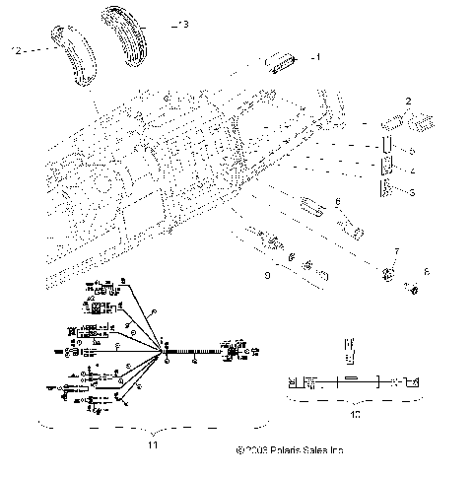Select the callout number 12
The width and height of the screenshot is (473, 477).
(15, 48)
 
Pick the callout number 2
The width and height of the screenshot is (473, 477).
(407, 102)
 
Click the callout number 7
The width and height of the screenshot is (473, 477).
(397, 251)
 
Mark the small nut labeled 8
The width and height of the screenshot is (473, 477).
(414, 289)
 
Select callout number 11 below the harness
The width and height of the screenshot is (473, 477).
(153, 446)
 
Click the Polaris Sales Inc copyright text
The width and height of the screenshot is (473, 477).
(296, 450)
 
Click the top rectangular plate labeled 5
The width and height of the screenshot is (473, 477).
(386, 147)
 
